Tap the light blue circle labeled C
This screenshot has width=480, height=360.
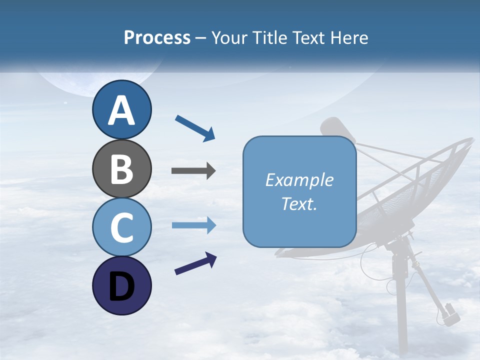pyautogui.click(x=121, y=227)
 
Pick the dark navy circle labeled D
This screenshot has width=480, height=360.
pyautogui.click(x=121, y=285)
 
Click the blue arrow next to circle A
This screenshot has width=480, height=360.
pyautogui.click(x=195, y=127)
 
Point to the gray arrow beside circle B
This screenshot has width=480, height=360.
pyautogui.click(x=193, y=171)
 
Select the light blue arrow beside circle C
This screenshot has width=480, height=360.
pyautogui.click(x=193, y=225)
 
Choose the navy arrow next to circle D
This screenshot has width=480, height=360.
pyautogui.click(x=195, y=263)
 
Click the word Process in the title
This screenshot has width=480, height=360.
pyautogui.click(x=157, y=37)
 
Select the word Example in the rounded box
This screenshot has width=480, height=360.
pyautogui.click(x=299, y=180)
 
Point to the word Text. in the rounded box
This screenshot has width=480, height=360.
pyautogui.click(x=299, y=204)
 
